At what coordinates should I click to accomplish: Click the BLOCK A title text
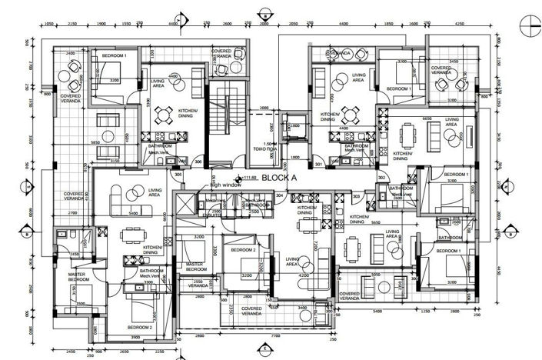click(x=278, y=177)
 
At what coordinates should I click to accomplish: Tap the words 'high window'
click(x=228, y=185)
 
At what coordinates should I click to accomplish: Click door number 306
click(x=198, y=162)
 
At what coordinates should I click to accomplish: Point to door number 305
click(x=178, y=175)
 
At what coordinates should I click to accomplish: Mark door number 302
click(x=382, y=178)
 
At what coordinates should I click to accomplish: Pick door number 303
click(x=357, y=197)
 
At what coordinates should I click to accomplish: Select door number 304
click(x=280, y=195)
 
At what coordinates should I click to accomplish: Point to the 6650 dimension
click(x=427, y=119)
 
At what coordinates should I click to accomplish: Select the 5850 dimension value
click(x=95, y=142)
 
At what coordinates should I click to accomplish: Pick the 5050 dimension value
click(x=377, y=274)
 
